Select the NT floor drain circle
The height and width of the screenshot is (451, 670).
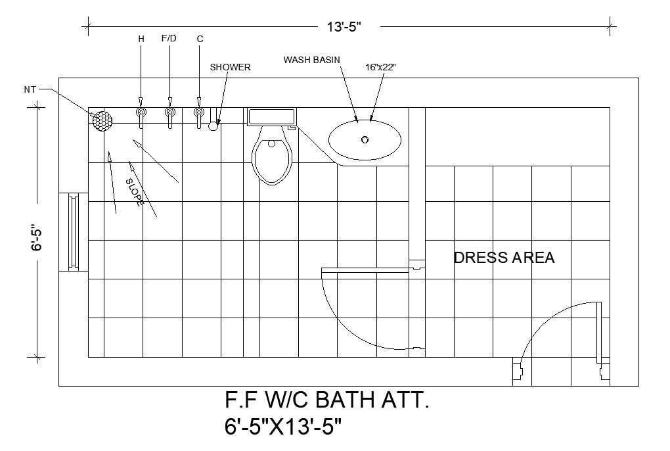pyautogui.click(x=102, y=120)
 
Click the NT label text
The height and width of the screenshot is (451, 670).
pyautogui.click(x=30, y=89)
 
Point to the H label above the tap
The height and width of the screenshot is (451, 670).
pyautogui.click(x=141, y=39)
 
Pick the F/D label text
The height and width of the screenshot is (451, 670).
pyautogui.click(x=169, y=39)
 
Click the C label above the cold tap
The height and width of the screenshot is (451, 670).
pyautogui.click(x=200, y=39)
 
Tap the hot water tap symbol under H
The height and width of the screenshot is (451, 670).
pyautogui.click(x=141, y=114)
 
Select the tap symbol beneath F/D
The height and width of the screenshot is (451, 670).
pyautogui.click(x=170, y=114)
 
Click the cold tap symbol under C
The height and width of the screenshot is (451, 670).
pyautogui.click(x=199, y=114)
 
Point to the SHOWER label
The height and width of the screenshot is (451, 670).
pyautogui.click(x=230, y=67)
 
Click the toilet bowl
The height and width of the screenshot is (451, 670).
pyautogui.click(x=271, y=157)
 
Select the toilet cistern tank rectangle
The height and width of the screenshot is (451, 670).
pyautogui.click(x=271, y=116)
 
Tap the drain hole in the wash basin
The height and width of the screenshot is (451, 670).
pyautogui.click(x=365, y=139)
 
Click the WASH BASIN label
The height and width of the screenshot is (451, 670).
pyautogui.click(x=311, y=60)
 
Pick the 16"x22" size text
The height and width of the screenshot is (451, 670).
pyautogui.click(x=381, y=67)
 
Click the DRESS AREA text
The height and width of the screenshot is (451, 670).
pyautogui.click(x=504, y=258)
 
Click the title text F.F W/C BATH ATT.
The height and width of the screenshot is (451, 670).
pyautogui.click(x=327, y=400)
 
